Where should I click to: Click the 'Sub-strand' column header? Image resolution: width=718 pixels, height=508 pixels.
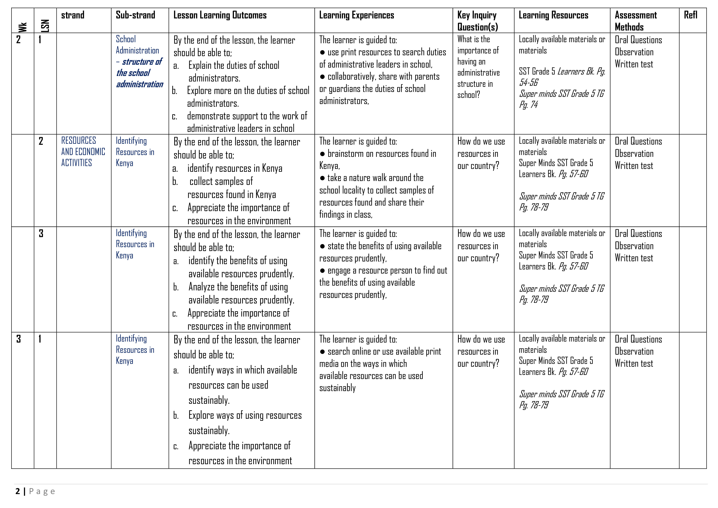(x=135, y=15)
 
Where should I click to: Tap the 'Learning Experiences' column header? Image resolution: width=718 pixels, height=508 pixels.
(x=357, y=15)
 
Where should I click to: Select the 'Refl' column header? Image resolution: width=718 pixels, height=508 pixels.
(x=691, y=15)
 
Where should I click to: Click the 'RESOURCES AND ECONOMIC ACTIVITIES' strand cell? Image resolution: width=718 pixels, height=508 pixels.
(x=83, y=152)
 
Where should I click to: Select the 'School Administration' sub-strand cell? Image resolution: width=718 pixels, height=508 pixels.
(x=137, y=45)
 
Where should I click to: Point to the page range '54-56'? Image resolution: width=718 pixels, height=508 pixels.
(x=528, y=83)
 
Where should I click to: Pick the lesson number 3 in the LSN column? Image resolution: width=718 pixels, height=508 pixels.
(x=41, y=234)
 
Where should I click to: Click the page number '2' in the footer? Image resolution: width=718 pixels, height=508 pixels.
(x=18, y=491)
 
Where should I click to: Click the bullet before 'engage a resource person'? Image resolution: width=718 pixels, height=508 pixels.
(x=322, y=271)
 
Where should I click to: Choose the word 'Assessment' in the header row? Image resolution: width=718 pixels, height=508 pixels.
(x=636, y=15)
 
